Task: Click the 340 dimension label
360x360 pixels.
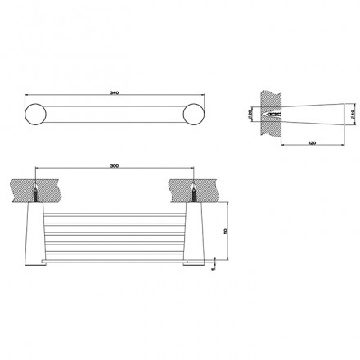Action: click(115, 92)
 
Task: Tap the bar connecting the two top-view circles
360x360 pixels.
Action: click(115, 115)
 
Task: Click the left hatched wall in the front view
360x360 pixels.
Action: click(33, 187)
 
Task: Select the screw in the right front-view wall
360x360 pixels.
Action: click(194, 191)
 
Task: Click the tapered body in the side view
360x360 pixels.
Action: click(319, 115)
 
